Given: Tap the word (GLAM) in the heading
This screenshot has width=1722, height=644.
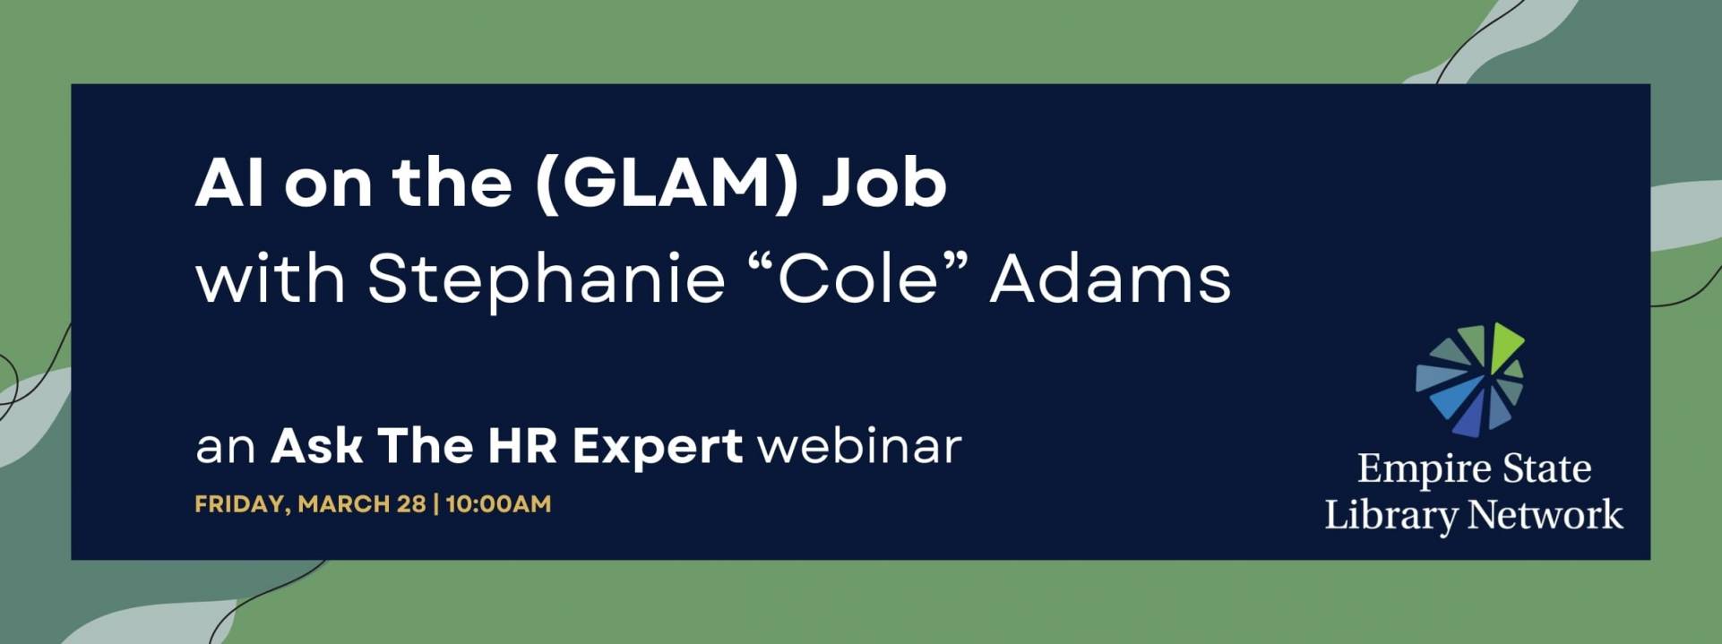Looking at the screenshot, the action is (x=666, y=185).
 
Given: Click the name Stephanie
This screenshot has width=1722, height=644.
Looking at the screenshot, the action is (x=546, y=279).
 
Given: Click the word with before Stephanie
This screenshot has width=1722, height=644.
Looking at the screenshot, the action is (x=271, y=279).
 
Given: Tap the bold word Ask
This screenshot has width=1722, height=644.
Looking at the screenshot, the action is (x=316, y=445).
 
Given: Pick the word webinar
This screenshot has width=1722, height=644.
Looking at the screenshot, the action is (x=859, y=445).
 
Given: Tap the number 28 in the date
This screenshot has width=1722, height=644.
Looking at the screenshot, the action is (x=411, y=503).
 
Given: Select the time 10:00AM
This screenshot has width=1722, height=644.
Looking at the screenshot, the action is (x=498, y=503).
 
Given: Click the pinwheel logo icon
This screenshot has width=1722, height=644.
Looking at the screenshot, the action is (x=1470, y=380).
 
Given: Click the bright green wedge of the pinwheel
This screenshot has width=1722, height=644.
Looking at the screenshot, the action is (x=1504, y=342).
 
